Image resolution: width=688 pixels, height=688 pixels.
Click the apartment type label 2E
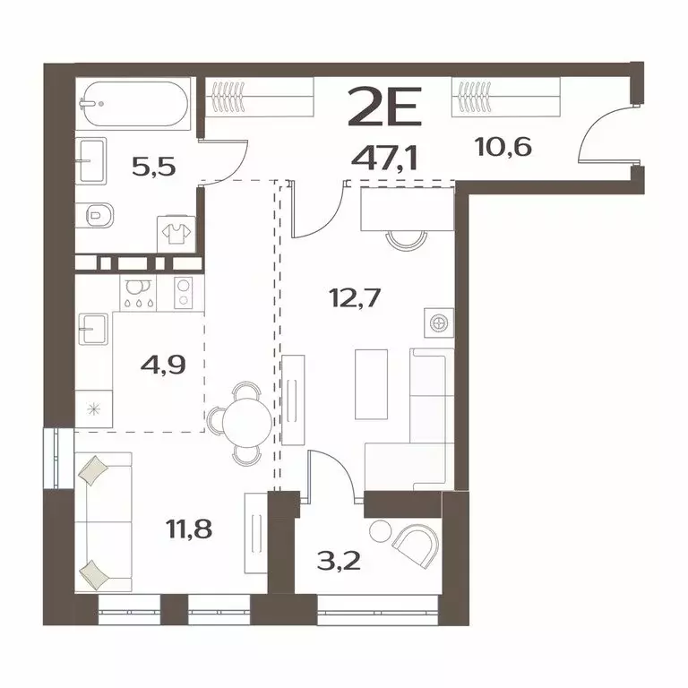pos(390,112)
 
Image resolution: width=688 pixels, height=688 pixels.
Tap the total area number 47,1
pos(391,160)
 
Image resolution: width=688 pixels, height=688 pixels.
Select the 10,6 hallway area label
pos(505,144)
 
